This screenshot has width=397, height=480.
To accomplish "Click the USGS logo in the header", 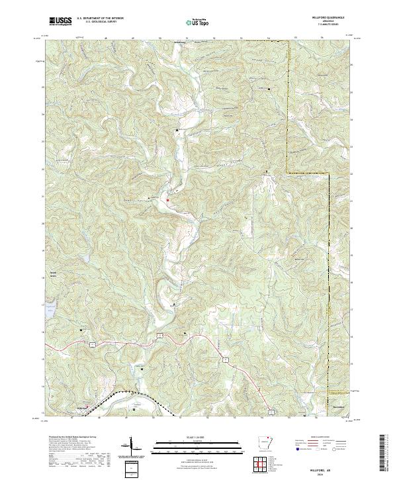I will tap(60, 21).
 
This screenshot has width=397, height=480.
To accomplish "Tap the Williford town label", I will tap(80, 408).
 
